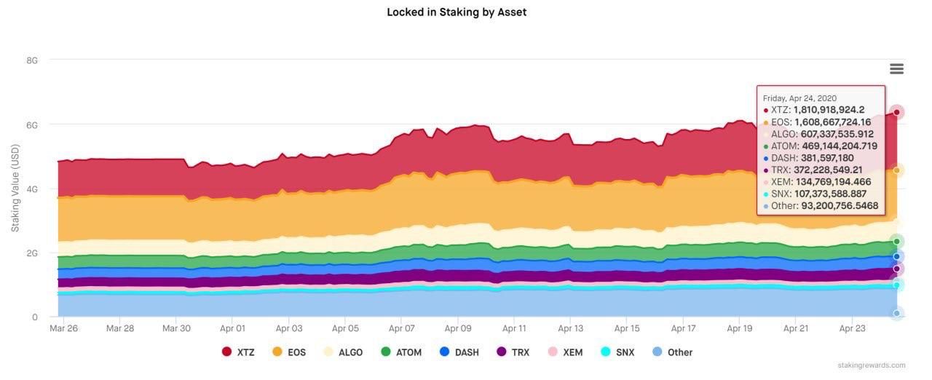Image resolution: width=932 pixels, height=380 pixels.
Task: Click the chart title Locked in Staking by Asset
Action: click(457, 12)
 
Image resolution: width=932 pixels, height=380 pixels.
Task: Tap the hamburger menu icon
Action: click(896, 69)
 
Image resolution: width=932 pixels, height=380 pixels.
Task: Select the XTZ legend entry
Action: click(238, 352)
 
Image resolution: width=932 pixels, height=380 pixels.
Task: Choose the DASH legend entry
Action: click(459, 352)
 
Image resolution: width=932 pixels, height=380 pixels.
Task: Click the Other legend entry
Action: click(672, 352)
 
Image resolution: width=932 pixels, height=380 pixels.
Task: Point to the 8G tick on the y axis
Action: click(32, 60)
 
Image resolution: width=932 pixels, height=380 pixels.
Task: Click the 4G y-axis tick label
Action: click(32, 189)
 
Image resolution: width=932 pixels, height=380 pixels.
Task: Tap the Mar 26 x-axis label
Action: click(63, 328)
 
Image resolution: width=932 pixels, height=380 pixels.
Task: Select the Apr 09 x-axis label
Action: click(458, 328)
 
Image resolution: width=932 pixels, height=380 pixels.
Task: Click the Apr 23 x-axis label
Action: click(853, 328)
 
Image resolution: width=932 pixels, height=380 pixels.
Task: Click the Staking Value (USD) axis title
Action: click(15, 189)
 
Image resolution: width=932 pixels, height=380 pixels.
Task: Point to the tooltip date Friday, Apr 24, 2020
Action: click(799, 98)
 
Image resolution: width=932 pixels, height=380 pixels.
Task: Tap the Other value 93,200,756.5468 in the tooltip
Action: click(840, 206)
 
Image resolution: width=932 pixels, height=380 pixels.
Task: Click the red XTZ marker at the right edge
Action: click(897, 112)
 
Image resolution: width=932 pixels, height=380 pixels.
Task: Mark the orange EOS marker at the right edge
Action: click(897, 170)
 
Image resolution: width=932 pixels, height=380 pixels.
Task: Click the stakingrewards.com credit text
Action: click(872, 365)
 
